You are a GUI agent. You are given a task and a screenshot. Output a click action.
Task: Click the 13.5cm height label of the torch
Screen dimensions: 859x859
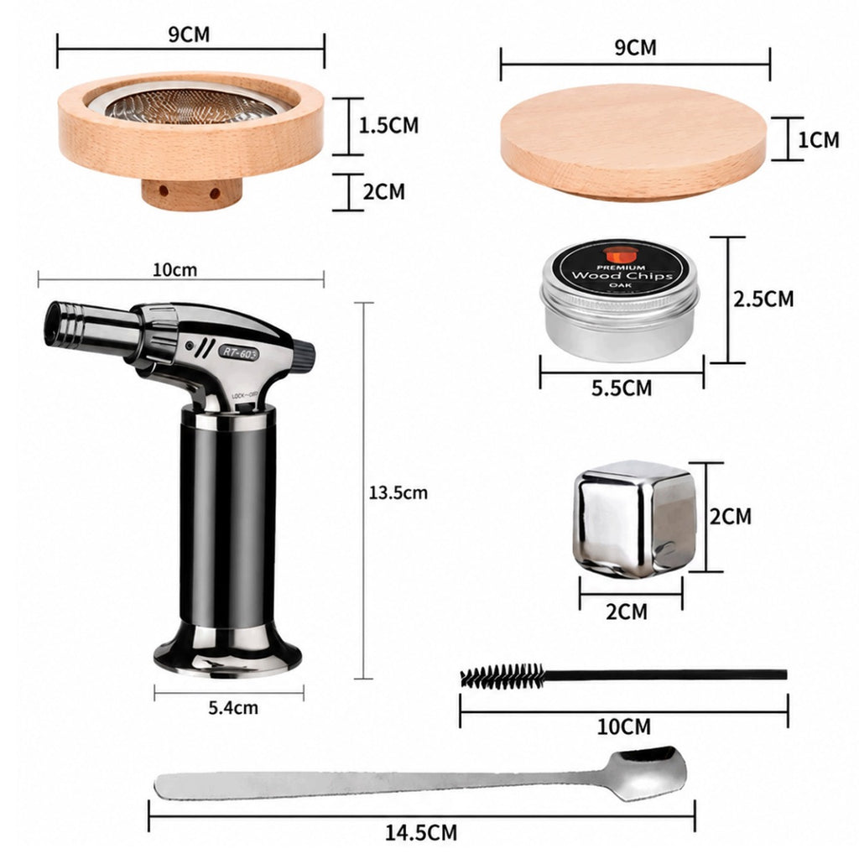click(x=398, y=492)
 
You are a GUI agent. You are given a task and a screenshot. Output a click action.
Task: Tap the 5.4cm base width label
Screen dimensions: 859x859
click(x=233, y=707)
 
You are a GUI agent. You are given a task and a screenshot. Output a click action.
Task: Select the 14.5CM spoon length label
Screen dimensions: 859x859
click(x=421, y=833)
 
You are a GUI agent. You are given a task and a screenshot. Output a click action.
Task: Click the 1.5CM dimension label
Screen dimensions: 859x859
click(x=388, y=126)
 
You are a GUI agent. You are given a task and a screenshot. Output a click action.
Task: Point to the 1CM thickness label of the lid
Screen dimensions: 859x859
click(x=818, y=140)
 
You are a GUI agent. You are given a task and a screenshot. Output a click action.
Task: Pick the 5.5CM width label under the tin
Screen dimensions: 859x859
click(x=622, y=388)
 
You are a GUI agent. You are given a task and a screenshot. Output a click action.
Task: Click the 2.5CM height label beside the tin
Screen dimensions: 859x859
click(x=763, y=299)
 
